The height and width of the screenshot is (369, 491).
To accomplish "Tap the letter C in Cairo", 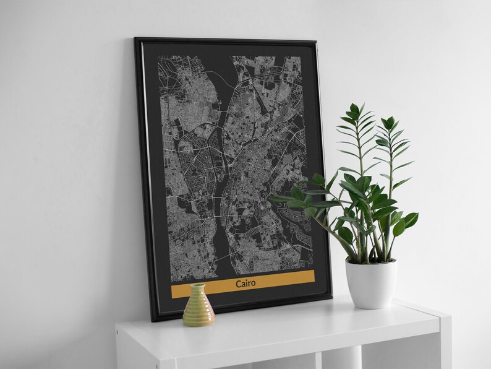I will click(x=238, y=284).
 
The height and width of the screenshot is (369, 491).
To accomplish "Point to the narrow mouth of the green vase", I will click(x=197, y=286).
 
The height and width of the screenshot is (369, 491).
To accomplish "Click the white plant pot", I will click(x=370, y=285).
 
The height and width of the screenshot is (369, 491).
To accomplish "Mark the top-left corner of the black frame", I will click(x=136, y=40).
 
